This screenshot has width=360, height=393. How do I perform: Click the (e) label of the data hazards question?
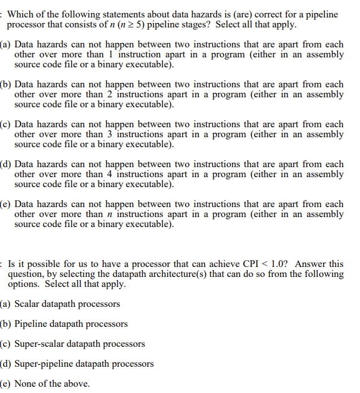pos(5,204)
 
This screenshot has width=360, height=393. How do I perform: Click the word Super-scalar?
pos(41,344)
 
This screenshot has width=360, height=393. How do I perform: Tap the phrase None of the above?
pos(52,384)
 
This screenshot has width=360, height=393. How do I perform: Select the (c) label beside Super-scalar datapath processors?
pos(5,344)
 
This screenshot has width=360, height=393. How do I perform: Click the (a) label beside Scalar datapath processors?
pos(5,304)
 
